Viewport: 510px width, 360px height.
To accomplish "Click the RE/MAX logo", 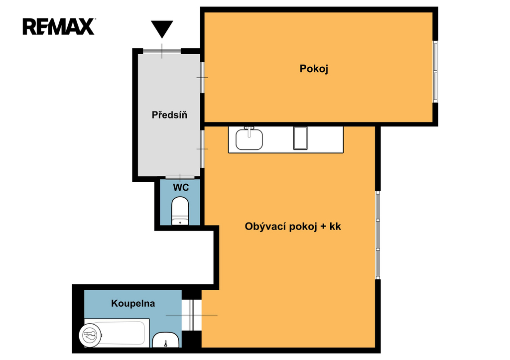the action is [x=59, y=26].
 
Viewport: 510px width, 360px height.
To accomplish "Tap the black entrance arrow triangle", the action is [x=162, y=29].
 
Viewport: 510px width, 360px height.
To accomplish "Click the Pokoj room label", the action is [x=314, y=69].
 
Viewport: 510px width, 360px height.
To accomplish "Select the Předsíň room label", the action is [x=169, y=115].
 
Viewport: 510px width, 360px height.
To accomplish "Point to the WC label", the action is [x=181, y=187].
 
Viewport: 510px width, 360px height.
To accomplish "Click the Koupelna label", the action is [x=133, y=303].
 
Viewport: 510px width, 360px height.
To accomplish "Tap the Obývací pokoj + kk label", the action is [x=293, y=227].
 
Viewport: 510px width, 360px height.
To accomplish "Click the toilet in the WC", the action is [x=180, y=211].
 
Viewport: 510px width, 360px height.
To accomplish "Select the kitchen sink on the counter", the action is [x=249, y=139].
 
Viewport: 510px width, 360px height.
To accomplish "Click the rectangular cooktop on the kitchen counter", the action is [x=300, y=138].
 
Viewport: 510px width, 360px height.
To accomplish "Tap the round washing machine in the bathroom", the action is [x=90, y=335].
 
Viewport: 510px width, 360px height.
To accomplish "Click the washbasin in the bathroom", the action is [x=165, y=340].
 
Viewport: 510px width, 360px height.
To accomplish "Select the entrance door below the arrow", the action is [x=162, y=51].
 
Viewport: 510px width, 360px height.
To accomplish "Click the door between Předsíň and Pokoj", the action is [x=202, y=77].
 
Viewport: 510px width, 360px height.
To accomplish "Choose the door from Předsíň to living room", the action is [x=202, y=149].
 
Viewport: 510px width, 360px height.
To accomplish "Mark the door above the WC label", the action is [x=180, y=178].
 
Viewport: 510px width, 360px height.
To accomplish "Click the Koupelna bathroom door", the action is [x=192, y=315].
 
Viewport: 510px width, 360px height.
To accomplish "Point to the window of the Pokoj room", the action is [x=435, y=72].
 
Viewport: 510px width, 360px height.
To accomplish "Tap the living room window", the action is [x=378, y=235].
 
